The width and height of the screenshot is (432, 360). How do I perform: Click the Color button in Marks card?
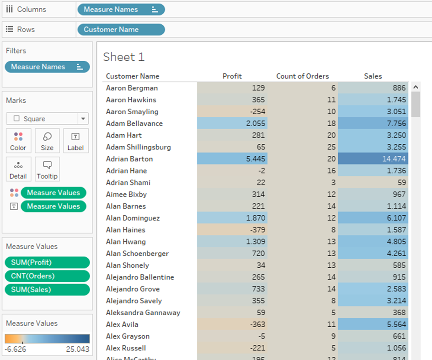point(18,141)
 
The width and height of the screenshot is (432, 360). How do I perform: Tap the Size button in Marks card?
point(47,141)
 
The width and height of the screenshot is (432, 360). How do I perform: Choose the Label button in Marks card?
point(75,141)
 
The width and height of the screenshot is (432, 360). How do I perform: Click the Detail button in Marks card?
point(18,169)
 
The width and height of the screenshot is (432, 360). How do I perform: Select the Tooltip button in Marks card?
point(47,169)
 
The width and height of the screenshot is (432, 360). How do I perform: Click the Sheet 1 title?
point(123,57)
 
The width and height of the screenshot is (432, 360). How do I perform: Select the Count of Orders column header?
point(302,76)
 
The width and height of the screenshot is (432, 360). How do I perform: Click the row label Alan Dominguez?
point(133,218)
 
